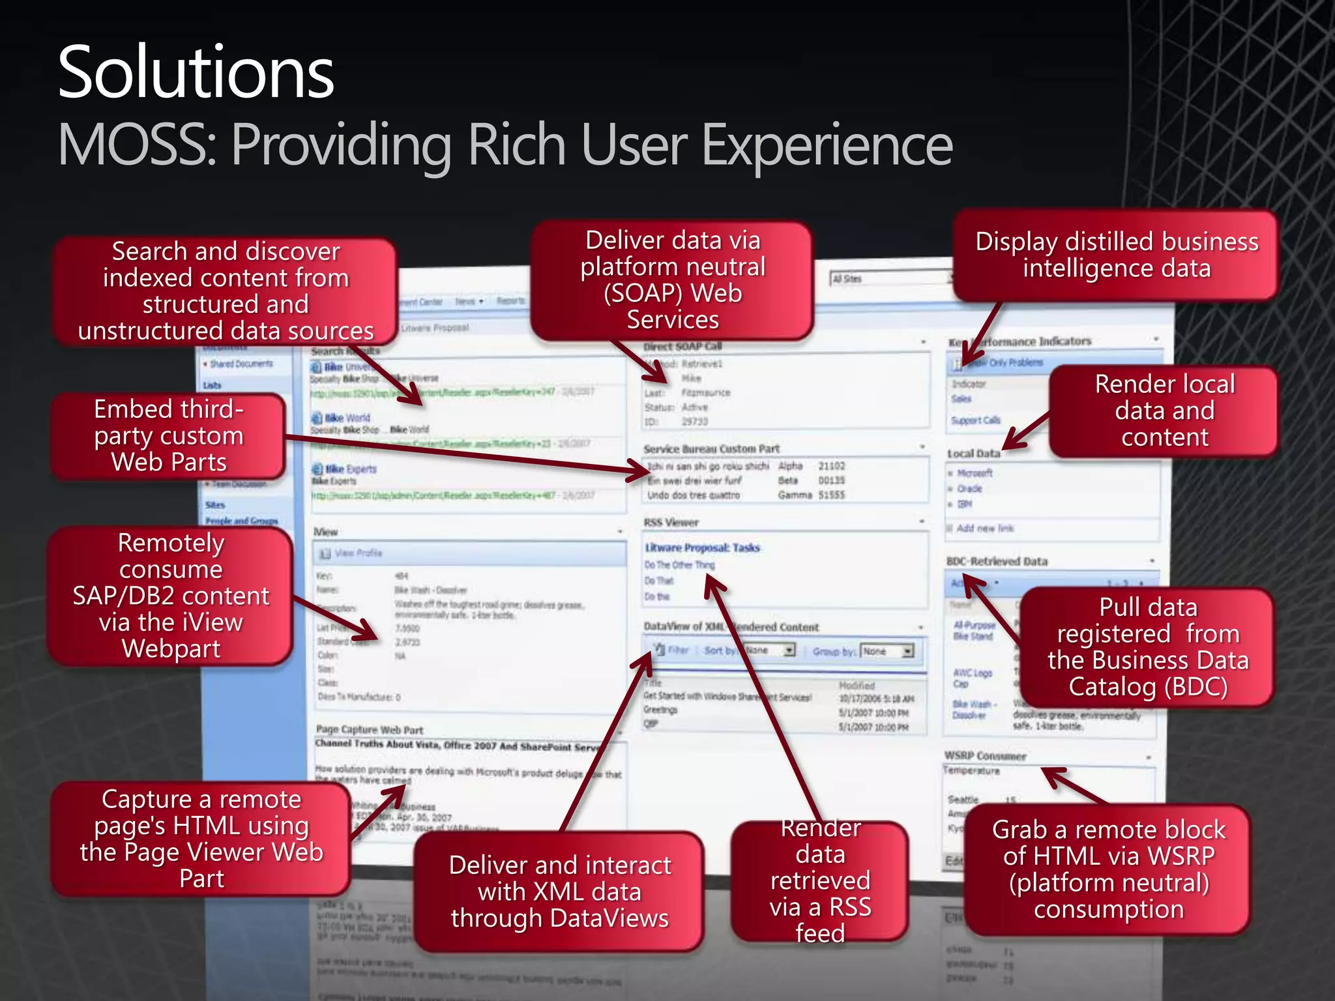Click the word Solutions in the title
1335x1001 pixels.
(x=196, y=73)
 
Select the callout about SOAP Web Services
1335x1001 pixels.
(x=672, y=280)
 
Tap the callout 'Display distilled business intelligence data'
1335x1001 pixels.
(x=1116, y=255)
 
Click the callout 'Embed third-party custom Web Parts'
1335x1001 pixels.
(x=169, y=435)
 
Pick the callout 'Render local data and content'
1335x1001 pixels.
(x=1164, y=411)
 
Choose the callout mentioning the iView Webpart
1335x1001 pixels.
(x=171, y=596)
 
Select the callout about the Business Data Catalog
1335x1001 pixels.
(x=1147, y=646)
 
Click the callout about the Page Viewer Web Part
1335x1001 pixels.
(x=201, y=839)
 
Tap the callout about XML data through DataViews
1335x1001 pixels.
(x=559, y=892)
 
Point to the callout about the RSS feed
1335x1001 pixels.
(x=820, y=880)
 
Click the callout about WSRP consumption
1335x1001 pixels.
(x=1108, y=869)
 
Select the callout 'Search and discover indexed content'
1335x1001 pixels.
(x=226, y=291)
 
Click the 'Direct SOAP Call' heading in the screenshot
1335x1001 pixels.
(x=682, y=346)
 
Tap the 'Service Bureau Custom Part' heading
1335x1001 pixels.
(x=711, y=448)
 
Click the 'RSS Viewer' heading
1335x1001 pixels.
(x=671, y=522)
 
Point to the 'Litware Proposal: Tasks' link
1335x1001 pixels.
(x=702, y=547)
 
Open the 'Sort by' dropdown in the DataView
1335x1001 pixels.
(x=789, y=650)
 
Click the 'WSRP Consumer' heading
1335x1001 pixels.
(x=985, y=756)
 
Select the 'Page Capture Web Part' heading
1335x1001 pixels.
(x=370, y=729)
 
